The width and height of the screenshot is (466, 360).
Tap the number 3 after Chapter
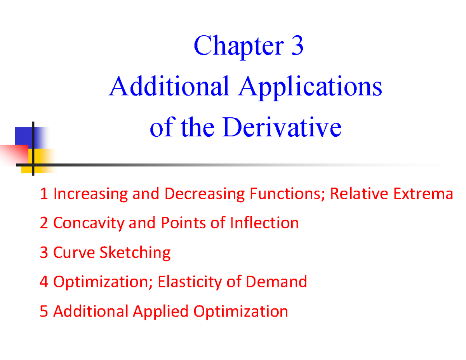point(296,46)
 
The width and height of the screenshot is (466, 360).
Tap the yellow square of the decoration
point(41,159)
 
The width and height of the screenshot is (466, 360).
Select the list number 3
point(44,252)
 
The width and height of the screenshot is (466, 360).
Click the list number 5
point(44,311)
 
